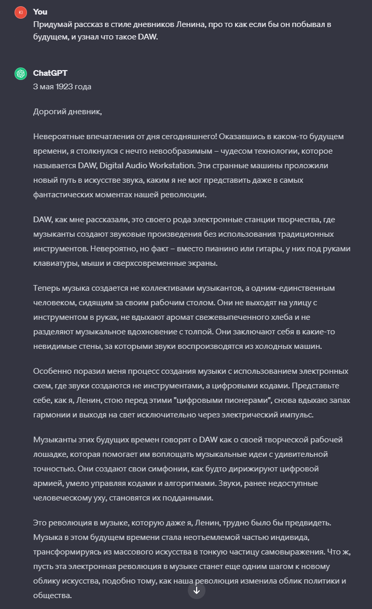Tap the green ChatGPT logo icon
point(20,74)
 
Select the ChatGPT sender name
point(50,73)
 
